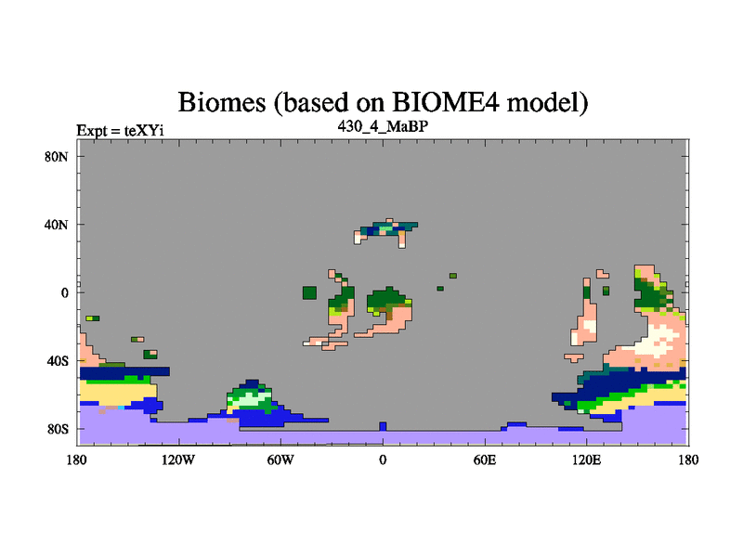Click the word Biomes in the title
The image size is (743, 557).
[x=222, y=102]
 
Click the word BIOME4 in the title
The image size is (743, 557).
[x=446, y=102]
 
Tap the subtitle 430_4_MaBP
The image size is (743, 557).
[x=383, y=126]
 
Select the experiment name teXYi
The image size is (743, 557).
[x=144, y=130]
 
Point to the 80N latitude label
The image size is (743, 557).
[x=57, y=157]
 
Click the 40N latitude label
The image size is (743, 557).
[x=57, y=225]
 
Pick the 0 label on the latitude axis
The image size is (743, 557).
[x=64, y=293]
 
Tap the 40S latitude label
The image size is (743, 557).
[x=58, y=361]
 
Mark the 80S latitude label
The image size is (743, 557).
[x=58, y=430]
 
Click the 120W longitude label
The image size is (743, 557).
[x=177, y=460]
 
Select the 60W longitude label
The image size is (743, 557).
[x=280, y=460]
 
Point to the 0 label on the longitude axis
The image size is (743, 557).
[x=383, y=460]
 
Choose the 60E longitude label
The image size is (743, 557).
[x=485, y=460]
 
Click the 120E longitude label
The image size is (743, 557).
[x=587, y=460]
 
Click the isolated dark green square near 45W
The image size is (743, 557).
[x=309, y=292]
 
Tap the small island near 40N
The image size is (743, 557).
[x=386, y=232]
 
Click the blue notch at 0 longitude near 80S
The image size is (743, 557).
[x=383, y=426]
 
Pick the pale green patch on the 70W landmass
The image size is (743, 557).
[x=250, y=399]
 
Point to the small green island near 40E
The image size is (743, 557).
[x=453, y=276]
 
